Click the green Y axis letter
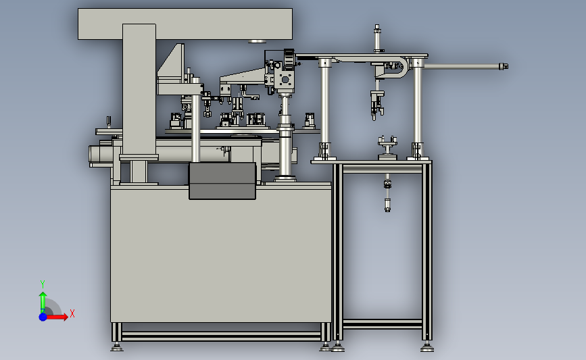click(x=43, y=284)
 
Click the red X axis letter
click(x=72, y=313)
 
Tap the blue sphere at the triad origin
click(x=43, y=317)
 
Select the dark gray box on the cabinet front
click(x=222, y=181)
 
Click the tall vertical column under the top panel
click(x=139, y=90)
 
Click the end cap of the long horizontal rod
click(x=504, y=66)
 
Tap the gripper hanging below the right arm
click(x=377, y=105)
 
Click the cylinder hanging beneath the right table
click(x=387, y=192)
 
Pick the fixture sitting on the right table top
click(x=387, y=147)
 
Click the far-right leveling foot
click(x=427, y=348)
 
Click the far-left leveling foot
click(x=117, y=348)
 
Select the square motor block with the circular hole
click(x=285, y=80)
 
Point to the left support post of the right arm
click(x=325, y=108)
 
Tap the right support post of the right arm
click(x=418, y=108)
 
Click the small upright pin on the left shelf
click(x=109, y=122)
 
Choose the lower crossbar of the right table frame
click(x=383, y=324)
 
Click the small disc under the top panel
click(x=257, y=41)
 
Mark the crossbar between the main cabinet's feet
click(x=221, y=336)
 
